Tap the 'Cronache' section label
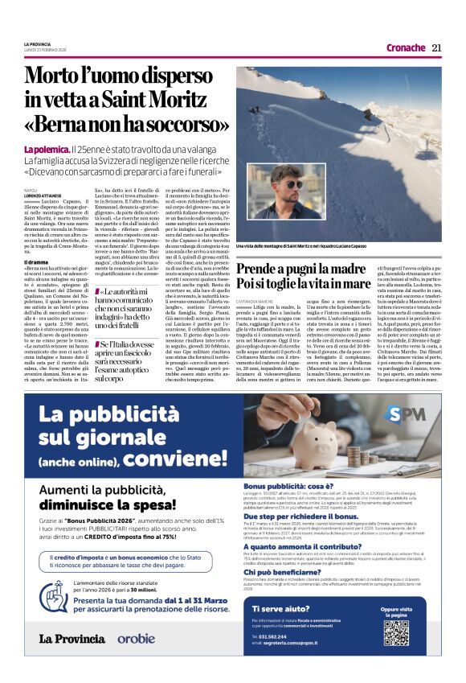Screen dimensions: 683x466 point(405,47)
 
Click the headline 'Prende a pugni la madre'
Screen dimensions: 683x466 point(309,266)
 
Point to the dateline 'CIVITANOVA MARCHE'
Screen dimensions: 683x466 point(252,299)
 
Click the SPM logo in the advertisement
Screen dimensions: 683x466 point(405,415)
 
